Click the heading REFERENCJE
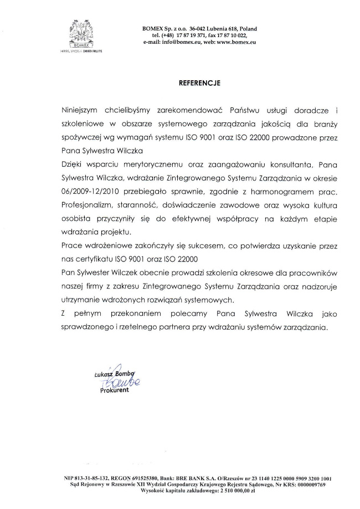pyautogui.click(x=199, y=83)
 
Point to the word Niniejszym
pyautogui.click(x=80, y=110)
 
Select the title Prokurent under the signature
pyautogui.click(x=114, y=390)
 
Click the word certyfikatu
pyautogui.click(x=98, y=259)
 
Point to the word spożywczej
pyautogui.click(x=81, y=137)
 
